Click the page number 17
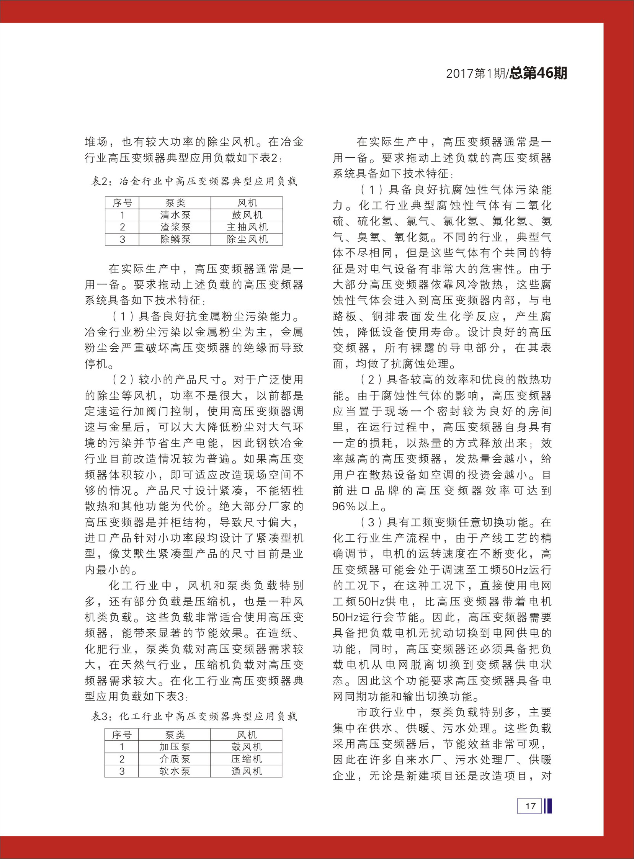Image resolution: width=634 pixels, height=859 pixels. [530, 806]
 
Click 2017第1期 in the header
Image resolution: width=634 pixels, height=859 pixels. [476, 73]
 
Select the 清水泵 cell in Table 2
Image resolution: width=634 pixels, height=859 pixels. [175, 215]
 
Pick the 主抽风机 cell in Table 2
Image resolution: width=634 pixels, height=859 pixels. [247, 227]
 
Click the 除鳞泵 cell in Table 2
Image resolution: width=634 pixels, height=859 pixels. [175, 239]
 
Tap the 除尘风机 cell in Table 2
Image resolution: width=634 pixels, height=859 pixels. [247, 239]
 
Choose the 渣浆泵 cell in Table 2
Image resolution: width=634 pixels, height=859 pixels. [175, 227]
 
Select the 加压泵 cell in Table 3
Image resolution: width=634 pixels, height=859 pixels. [175, 747]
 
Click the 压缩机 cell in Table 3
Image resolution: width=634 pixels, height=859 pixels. [247, 759]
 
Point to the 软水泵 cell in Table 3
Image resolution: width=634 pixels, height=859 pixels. [175, 771]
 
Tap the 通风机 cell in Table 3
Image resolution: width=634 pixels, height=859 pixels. [247, 771]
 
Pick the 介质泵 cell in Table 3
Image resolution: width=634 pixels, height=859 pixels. [175, 759]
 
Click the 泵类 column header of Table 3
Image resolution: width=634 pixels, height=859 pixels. [175, 735]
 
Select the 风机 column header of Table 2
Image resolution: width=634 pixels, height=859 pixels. [247, 203]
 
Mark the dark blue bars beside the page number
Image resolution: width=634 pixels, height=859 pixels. [547, 806]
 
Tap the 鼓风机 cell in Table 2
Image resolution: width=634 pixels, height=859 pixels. [247, 215]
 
